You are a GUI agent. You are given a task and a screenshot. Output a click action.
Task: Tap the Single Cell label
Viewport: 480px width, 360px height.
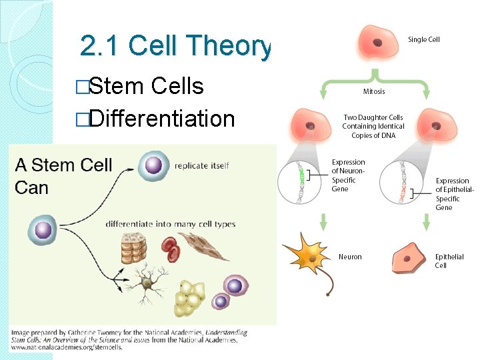(x=423, y=40)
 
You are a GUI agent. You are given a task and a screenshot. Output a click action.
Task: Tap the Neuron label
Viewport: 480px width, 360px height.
(x=350, y=257)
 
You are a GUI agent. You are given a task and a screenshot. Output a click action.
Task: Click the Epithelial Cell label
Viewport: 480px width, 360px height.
(x=449, y=261)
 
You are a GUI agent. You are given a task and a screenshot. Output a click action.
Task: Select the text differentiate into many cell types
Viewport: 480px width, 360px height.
(x=171, y=224)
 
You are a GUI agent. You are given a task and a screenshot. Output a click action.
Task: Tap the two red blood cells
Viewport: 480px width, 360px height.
(x=171, y=249)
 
